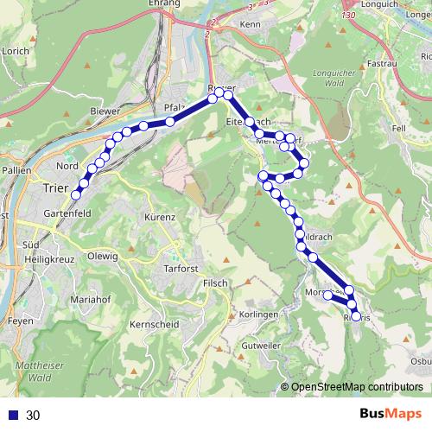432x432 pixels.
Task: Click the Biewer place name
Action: (105, 111)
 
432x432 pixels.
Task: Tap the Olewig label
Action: (102, 256)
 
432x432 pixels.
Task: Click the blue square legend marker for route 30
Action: (12, 415)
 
